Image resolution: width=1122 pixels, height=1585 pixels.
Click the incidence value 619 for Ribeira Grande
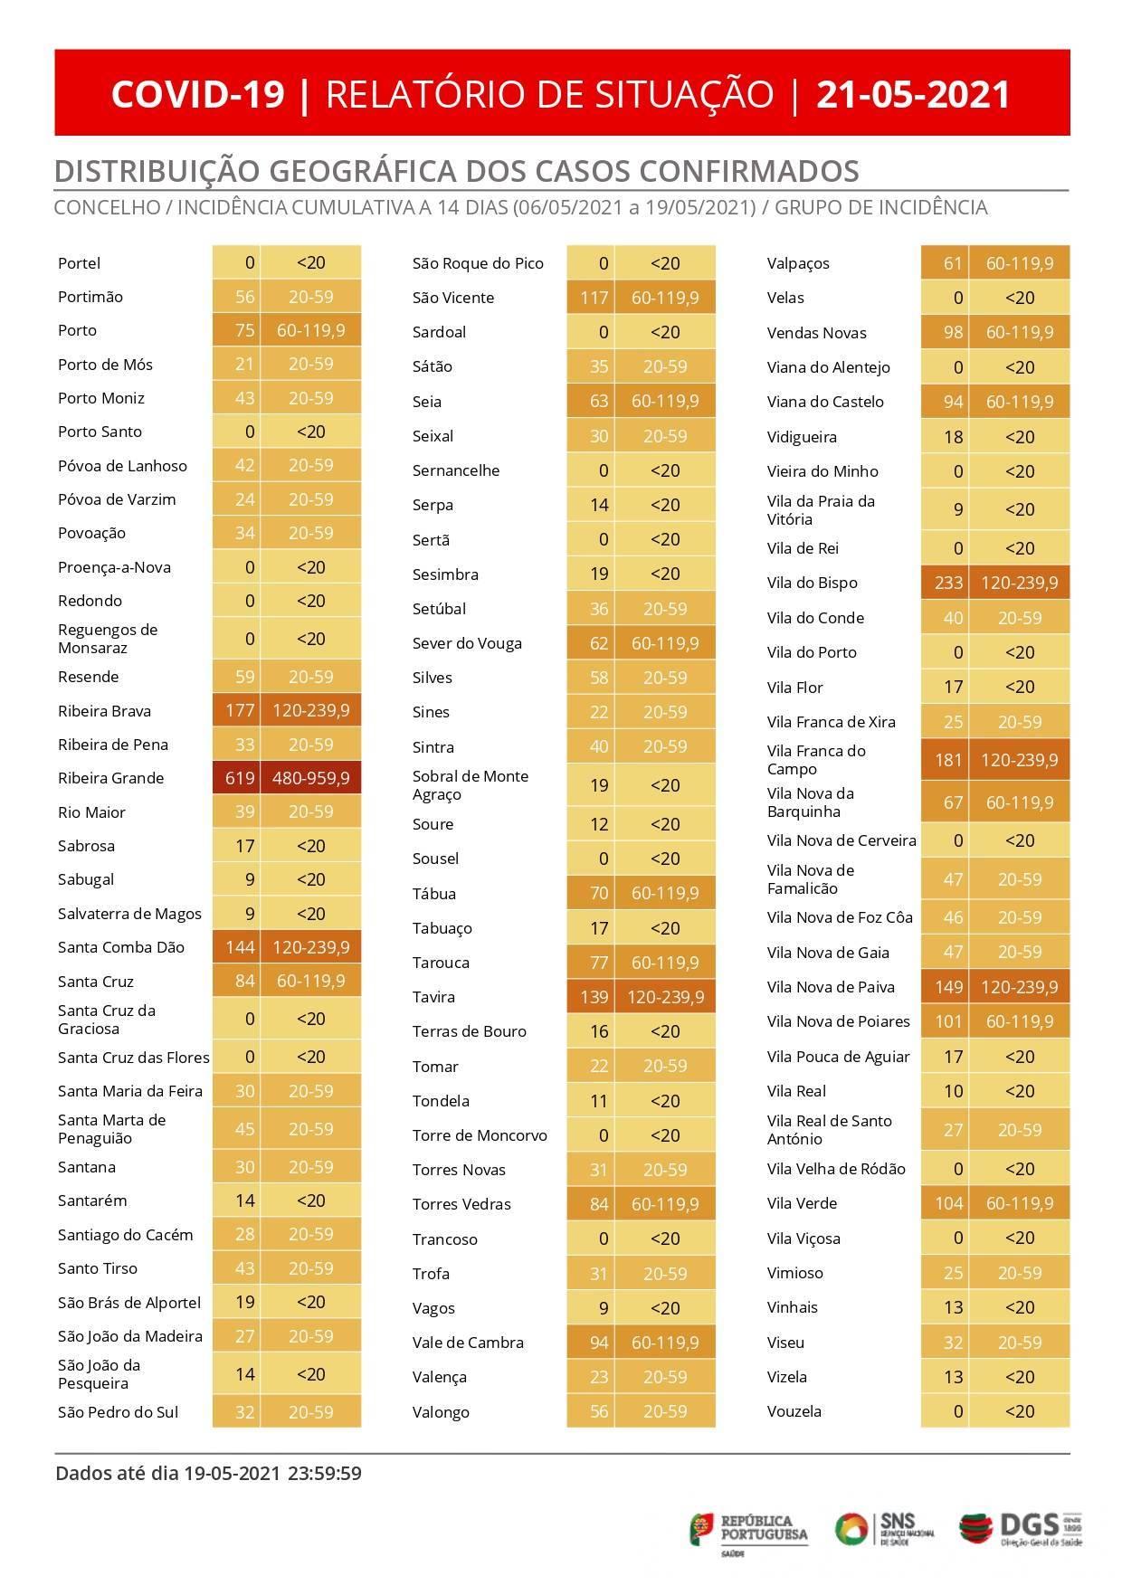pyautogui.click(x=240, y=778)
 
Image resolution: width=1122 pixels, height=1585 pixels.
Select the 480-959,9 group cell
pyautogui.click(x=310, y=778)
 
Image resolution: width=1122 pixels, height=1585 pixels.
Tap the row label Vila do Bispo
pyautogui.click(x=812, y=583)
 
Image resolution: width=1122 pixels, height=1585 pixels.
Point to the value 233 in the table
pyautogui.click(x=948, y=583)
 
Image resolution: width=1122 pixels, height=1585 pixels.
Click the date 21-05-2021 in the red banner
pyautogui.click(x=913, y=94)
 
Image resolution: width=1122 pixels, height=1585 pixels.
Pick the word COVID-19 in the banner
pyautogui.click(x=198, y=94)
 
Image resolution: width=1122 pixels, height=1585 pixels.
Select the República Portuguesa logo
pyautogui.click(x=748, y=1532)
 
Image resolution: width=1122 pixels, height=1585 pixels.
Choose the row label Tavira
pyautogui.click(x=433, y=997)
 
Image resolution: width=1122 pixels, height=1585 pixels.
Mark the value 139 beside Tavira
pyautogui.click(x=594, y=997)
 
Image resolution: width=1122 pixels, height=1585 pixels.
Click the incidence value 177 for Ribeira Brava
pyautogui.click(x=240, y=710)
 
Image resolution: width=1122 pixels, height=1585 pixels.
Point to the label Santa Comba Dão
pyautogui.click(x=120, y=947)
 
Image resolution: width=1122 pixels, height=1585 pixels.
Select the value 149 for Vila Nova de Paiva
pyautogui.click(x=948, y=987)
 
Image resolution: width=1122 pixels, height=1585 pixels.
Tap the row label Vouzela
pyautogui.click(x=794, y=1411)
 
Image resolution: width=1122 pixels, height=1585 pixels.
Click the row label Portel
pyautogui.click(x=79, y=263)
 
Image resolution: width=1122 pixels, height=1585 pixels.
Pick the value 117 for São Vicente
pyautogui.click(x=594, y=298)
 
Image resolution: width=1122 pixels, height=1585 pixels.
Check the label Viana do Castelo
pyautogui.click(x=825, y=402)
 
